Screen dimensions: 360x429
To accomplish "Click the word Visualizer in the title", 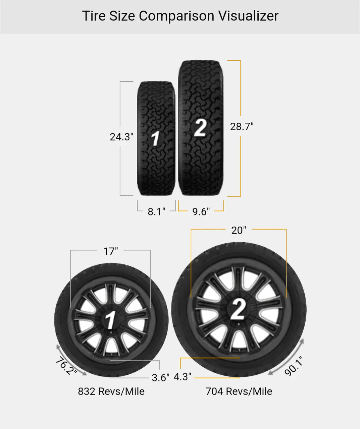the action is pos(248,16).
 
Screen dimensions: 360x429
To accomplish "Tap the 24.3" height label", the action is pos(121,137).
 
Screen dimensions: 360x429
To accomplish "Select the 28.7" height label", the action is pos(242,127).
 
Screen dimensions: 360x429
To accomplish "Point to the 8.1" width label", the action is pos(156,211).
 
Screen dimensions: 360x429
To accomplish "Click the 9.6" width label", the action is pos(201,211).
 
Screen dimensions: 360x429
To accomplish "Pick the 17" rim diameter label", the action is pos(110,251).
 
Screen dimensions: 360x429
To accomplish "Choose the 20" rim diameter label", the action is pos(239,230).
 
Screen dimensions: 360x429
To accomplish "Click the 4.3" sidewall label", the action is pos(182,377).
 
